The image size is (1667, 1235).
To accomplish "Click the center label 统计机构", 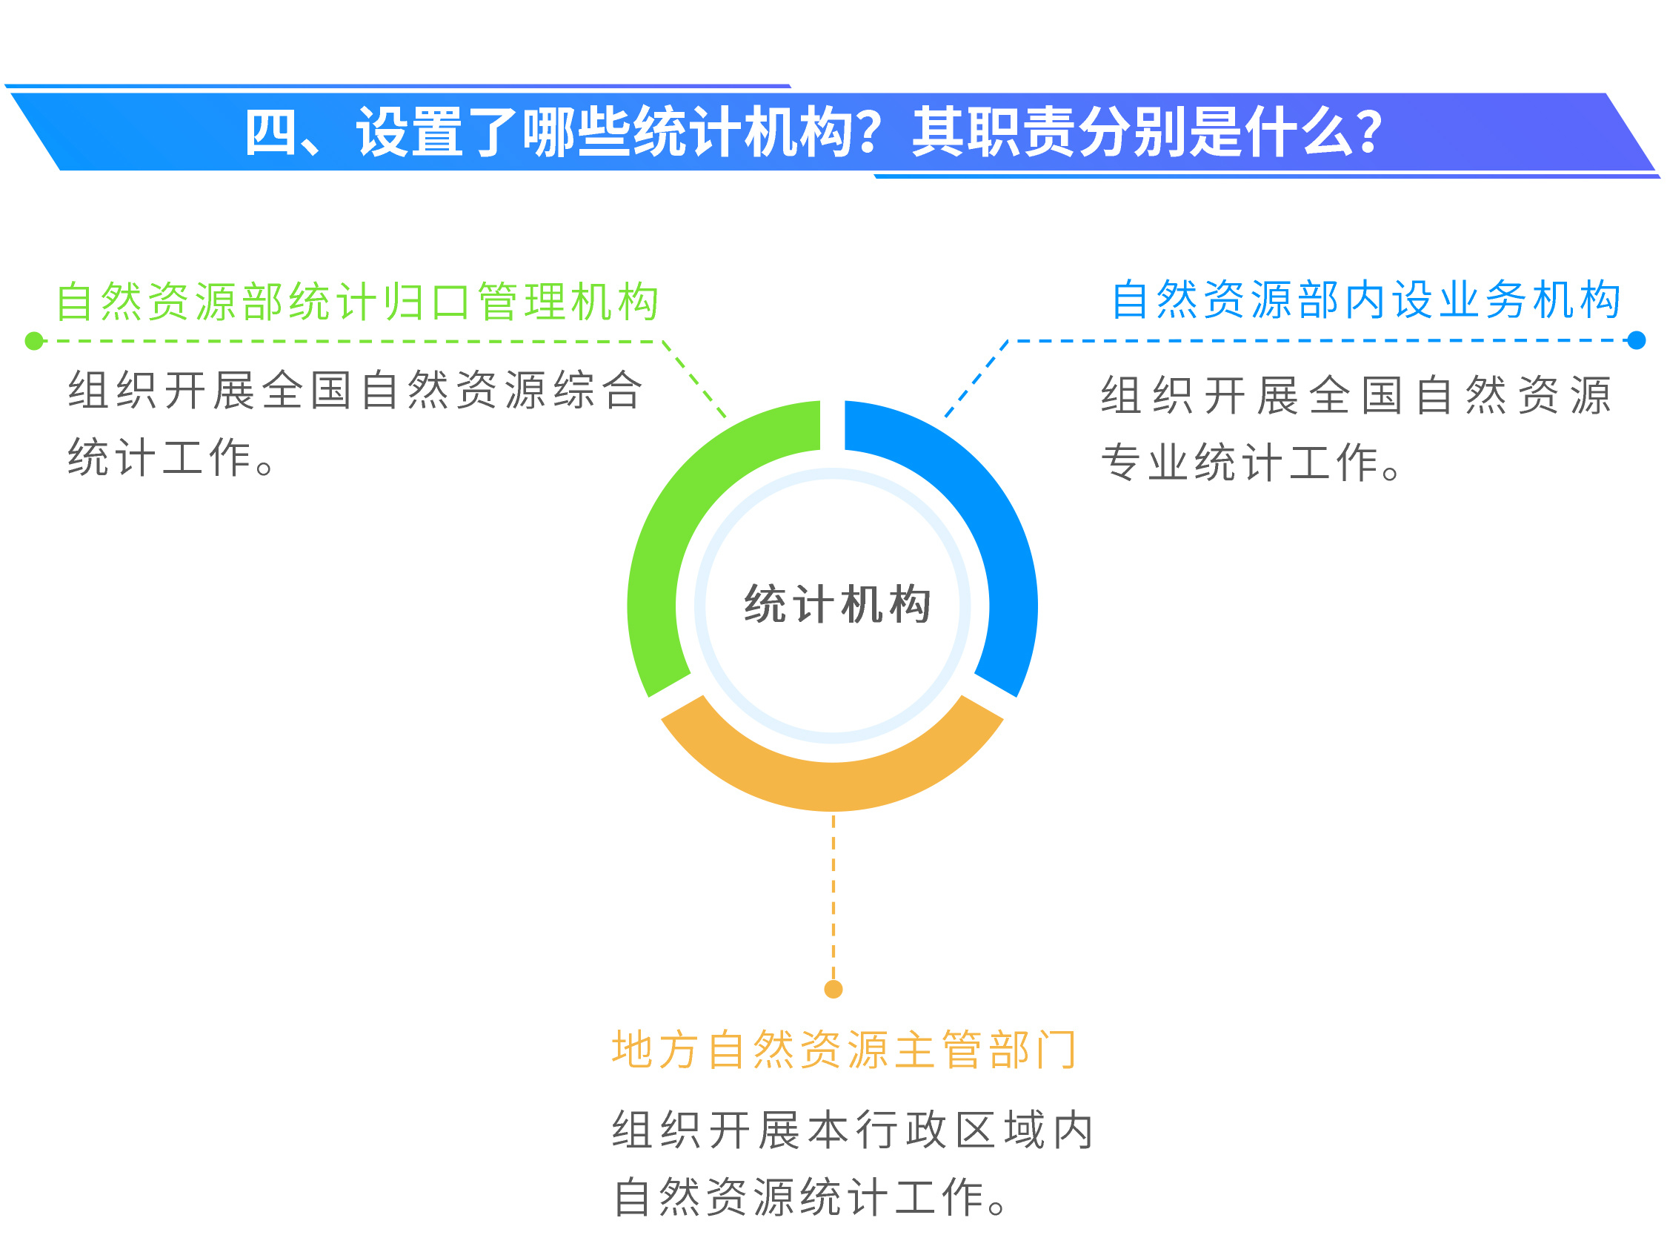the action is [838, 604].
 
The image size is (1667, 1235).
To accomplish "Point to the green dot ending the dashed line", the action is [34, 341].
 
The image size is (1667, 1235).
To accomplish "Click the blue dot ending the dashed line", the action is [1637, 340].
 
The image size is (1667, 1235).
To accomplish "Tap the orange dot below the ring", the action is [833, 989].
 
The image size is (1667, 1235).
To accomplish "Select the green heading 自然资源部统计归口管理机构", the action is [357, 301].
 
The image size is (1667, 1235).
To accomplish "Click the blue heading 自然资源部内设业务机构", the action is [1366, 299].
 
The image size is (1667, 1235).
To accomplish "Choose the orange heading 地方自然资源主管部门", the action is [845, 1050].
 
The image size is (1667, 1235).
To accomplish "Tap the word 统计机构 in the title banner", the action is [744, 131].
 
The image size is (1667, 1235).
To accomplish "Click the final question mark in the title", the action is [1371, 131].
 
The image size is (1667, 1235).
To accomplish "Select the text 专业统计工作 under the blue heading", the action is [1240, 462].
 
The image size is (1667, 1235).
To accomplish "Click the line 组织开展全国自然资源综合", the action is [356, 389].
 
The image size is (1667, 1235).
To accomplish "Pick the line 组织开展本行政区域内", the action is [854, 1129].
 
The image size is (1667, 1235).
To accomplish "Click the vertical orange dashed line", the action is [833, 897].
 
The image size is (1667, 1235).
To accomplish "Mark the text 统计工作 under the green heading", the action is [160, 457].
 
